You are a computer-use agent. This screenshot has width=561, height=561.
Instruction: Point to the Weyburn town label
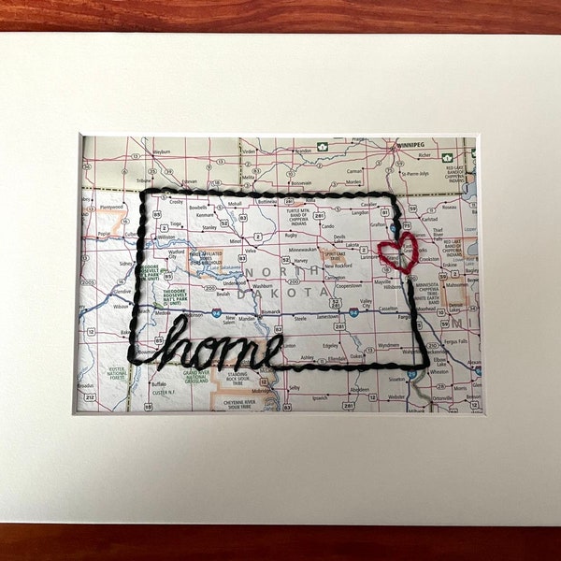[161, 151]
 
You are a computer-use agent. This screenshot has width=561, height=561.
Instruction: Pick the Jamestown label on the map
[327, 317]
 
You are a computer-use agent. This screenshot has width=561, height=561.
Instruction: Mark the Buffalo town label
[159, 383]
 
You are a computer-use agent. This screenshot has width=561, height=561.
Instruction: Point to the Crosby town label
[176, 201]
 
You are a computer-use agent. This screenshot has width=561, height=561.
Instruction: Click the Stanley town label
[209, 226]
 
